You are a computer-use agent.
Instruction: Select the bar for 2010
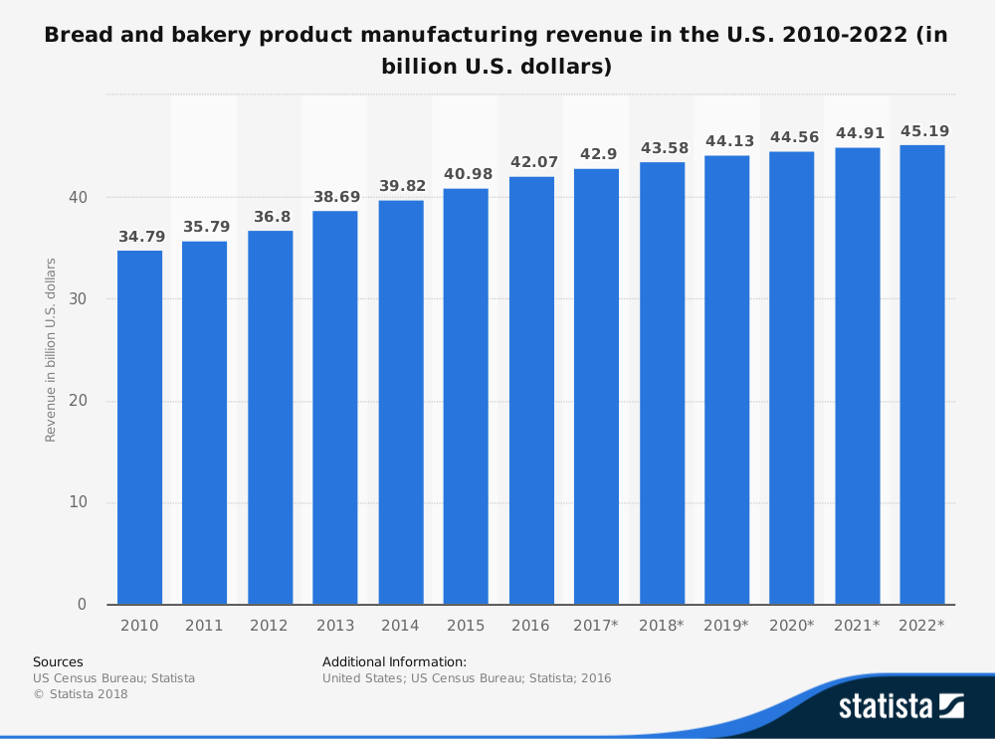[139, 428]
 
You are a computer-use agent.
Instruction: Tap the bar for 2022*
[922, 375]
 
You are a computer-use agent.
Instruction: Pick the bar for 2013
[335, 408]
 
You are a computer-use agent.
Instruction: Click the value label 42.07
[531, 162]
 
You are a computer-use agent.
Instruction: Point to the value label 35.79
[205, 227]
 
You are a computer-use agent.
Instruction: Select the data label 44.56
[792, 137]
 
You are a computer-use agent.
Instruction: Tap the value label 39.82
[401, 186]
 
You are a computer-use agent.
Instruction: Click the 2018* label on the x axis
[662, 626]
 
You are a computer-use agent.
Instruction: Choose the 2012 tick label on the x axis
[270, 626]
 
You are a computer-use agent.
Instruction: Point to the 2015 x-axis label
[466, 626]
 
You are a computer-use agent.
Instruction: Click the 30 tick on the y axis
[79, 299]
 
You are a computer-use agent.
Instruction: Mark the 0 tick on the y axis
[83, 605]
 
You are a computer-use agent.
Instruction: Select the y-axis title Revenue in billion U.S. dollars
[51, 350]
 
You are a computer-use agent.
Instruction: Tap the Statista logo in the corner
[900, 706]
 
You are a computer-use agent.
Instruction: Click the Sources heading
[58, 661]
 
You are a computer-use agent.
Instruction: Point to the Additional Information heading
[394, 661]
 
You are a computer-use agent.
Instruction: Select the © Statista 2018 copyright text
[81, 694]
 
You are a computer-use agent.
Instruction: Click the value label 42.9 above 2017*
[596, 154]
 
